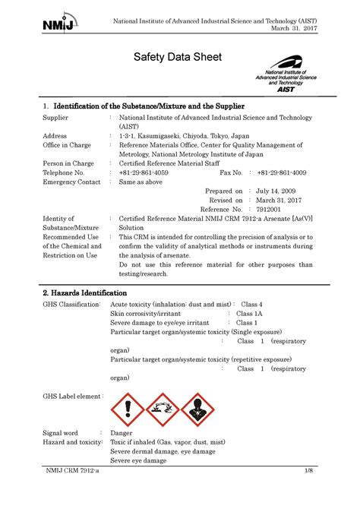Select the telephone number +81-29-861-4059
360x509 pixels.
click(x=144, y=172)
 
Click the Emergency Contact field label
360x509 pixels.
click(x=71, y=182)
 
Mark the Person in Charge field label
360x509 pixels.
click(x=68, y=163)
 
